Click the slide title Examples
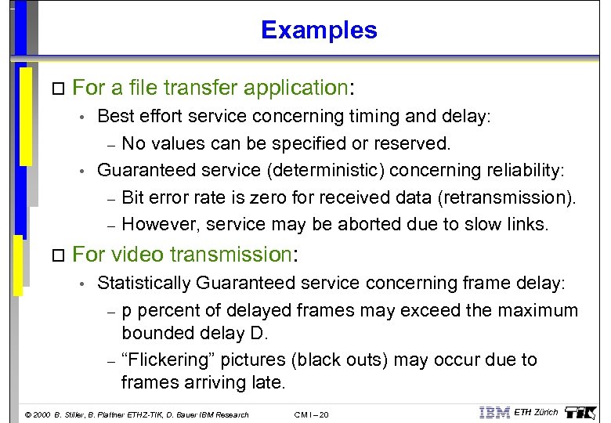coord(319,30)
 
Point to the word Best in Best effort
coord(114,117)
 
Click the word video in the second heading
coord(135,255)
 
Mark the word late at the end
coord(269,382)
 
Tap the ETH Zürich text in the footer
coord(536,413)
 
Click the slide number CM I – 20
coord(312,414)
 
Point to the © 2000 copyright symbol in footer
coord(29,414)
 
